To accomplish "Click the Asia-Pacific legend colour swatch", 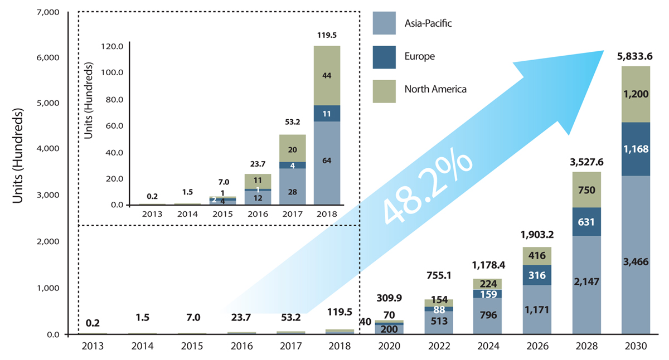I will click(x=384, y=23).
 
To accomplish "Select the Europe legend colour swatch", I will click(x=384, y=57).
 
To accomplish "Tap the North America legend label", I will click(x=435, y=89).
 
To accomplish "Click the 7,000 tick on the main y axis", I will click(x=48, y=12).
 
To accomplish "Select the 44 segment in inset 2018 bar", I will click(x=327, y=75).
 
